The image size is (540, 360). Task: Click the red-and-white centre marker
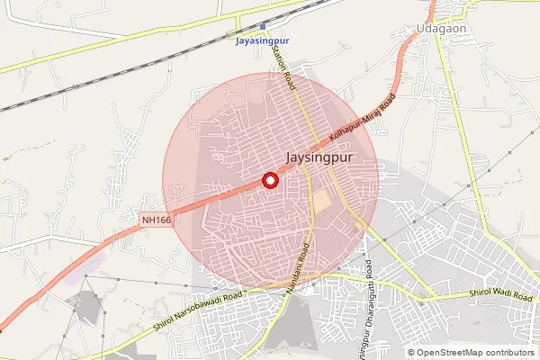coord(269,180)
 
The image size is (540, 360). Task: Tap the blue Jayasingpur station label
coord(261,41)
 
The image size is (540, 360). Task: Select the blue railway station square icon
coord(261,26)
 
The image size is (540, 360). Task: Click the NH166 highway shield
coord(156,219)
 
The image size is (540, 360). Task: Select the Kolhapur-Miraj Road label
coord(363,121)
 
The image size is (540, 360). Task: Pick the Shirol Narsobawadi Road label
coord(199,310)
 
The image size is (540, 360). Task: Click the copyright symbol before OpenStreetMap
coord(411,352)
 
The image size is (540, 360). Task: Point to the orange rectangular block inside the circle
coord(321,202)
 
